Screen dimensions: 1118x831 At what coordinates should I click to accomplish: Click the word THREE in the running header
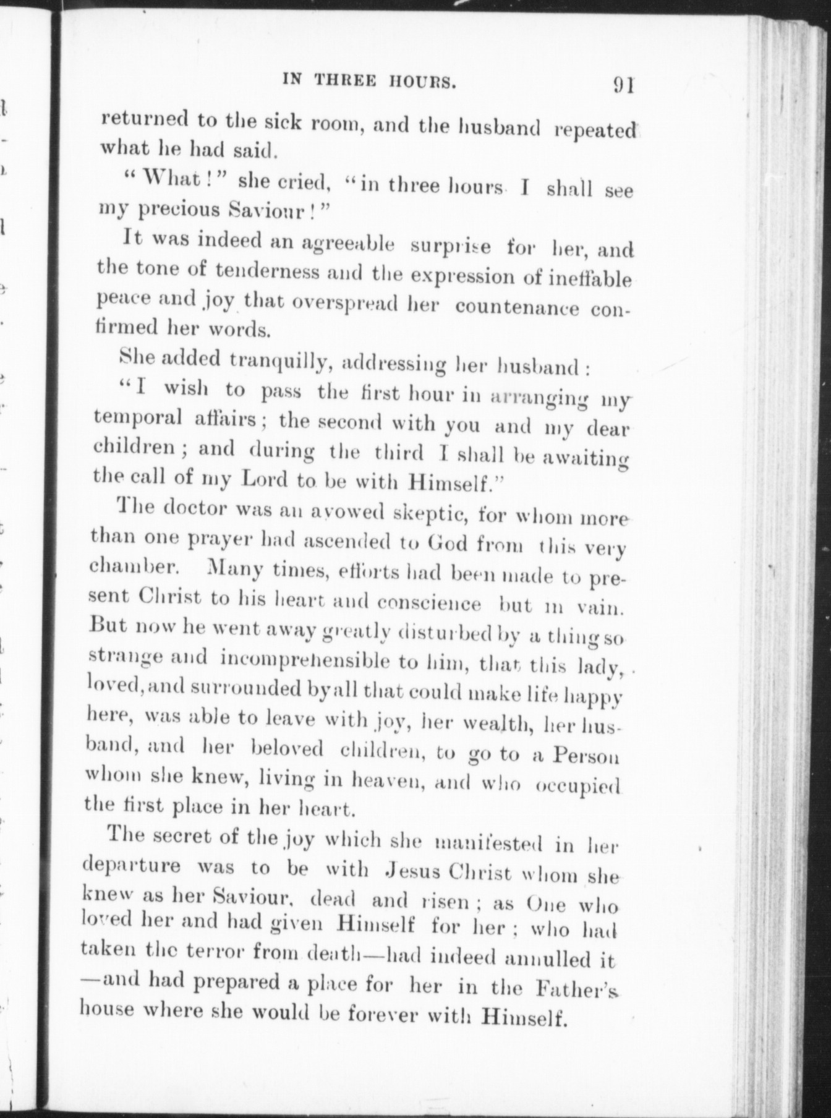click(344, 80)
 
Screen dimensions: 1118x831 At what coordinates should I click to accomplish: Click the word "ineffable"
click(590, 279)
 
